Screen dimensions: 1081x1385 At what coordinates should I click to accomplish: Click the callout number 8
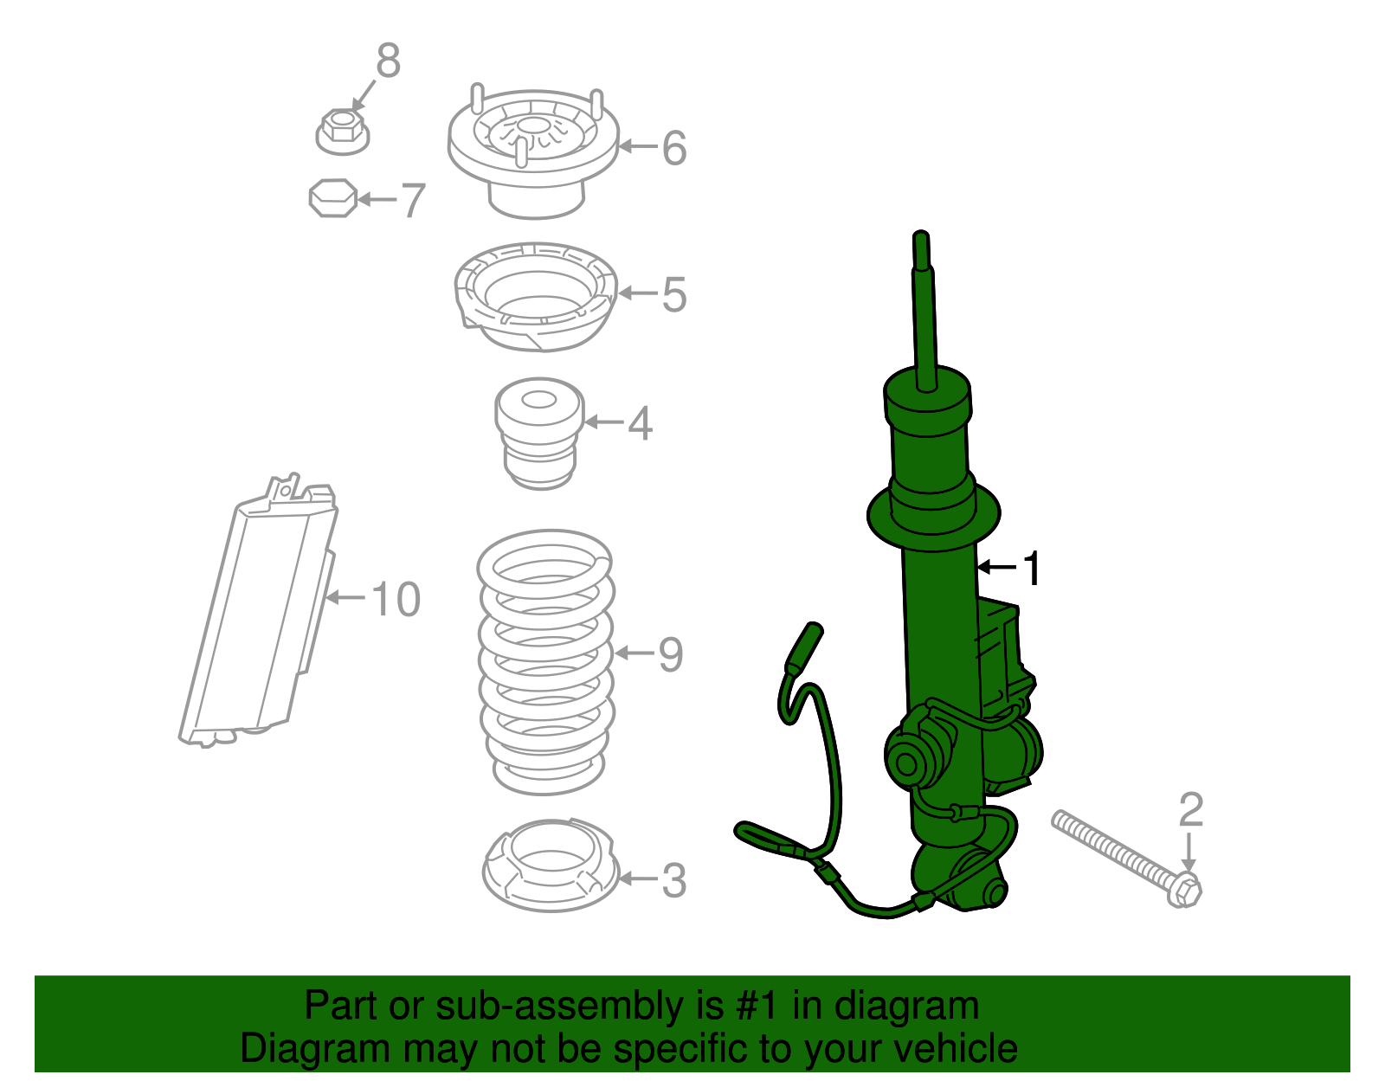[x=388, y=61]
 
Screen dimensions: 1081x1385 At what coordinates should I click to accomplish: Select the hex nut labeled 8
[x=342, y=132]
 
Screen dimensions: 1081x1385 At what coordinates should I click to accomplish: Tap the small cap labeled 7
[x=333, y=198]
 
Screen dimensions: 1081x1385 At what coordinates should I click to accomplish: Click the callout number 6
[x=674, y=148]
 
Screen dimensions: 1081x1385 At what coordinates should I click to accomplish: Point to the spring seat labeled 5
[x=535, y=296]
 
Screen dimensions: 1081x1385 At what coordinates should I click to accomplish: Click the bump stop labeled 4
[x=538, y=432]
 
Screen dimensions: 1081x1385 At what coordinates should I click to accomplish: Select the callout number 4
[x=640, y=423]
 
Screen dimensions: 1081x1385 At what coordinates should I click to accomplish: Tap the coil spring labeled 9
[x=545, y=662]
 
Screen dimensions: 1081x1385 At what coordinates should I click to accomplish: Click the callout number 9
[x=670, y=654]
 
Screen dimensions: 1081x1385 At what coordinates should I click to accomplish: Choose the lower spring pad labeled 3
[x=549, y=865]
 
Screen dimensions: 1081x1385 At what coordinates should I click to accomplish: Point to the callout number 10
[x=396, y=599]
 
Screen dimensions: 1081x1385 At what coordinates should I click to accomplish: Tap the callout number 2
[x=1191, y=809]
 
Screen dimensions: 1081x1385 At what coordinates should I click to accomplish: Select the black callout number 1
[x=1031, y=569]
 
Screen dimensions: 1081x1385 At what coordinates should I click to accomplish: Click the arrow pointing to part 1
[x=995, y=568]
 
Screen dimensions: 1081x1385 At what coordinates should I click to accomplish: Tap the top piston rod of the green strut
[x=923, y=303]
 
